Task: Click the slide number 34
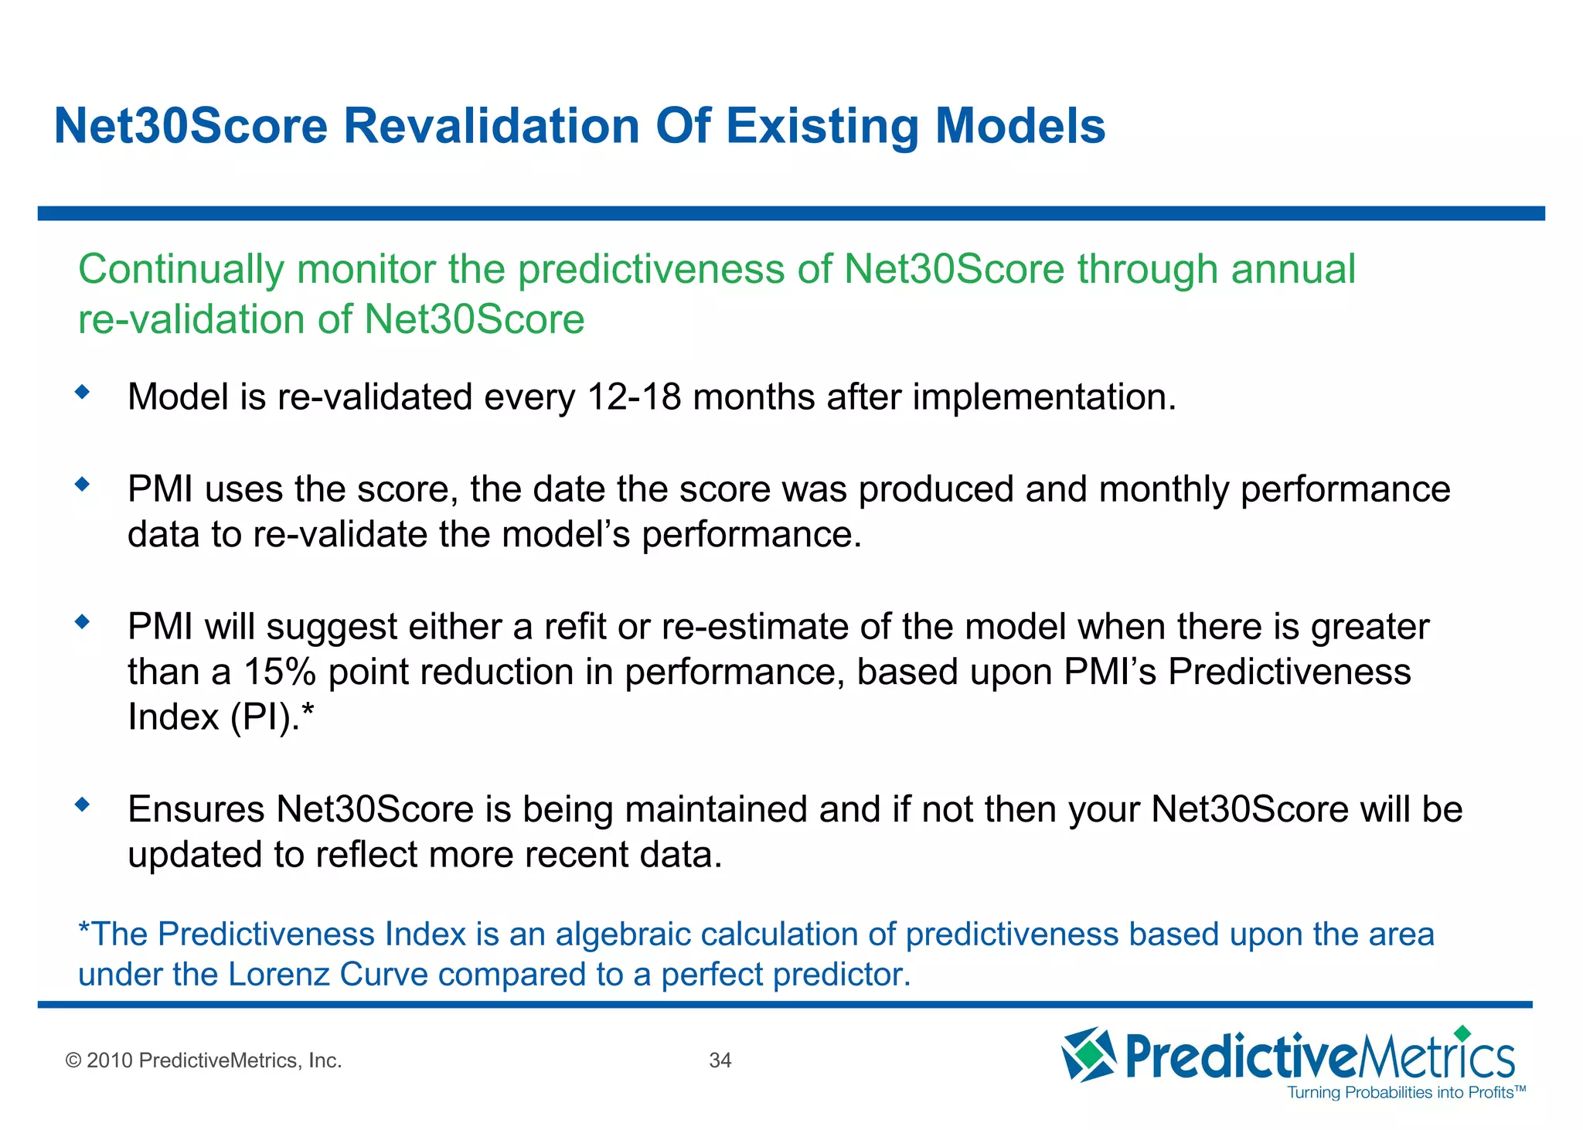(x=720, y=1060)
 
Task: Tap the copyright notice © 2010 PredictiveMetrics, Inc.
(x=204, y=1060)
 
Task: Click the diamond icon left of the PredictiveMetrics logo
(x=1088, y=1054)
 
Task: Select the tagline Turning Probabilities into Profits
(x=1405, y=1092)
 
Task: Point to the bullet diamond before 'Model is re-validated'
(x=83, y=393)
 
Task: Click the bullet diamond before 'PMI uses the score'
(x=83, y=485)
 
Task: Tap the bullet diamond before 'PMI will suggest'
(x=83, y=621)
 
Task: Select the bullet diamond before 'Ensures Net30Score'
(x=83, y=805)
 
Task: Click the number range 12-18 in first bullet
(x=634, y=397)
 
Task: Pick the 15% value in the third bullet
(x=280, y=672)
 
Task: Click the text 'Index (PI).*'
(x=221, y=717)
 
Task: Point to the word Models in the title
(x=1020, y=126)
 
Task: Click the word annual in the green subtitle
(x=1293, y=270)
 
